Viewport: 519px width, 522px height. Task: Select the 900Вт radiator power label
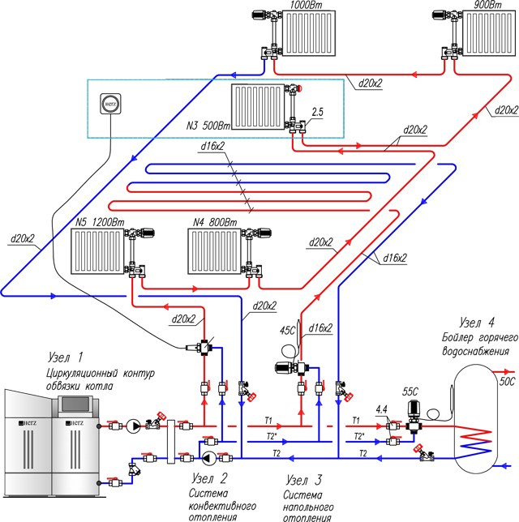click(x=487, y=5)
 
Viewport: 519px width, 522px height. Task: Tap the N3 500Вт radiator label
click(x=208, y=126)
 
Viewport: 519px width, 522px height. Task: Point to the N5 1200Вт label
click(x=100, y=222)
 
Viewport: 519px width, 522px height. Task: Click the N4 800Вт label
click(x=215, y=222)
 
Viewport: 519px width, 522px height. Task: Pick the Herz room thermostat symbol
click(x=110, y=104)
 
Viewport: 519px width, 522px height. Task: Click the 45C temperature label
click(x=287, y=331)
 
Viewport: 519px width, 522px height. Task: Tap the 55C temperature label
click(x=410, y=391)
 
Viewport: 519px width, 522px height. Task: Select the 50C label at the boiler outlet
click(x=508, y=382)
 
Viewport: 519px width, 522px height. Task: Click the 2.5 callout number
click(x=317, y=112)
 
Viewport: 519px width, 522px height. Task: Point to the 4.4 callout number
click(x=381, y=409)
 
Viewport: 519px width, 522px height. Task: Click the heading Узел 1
click(x=66, y=357)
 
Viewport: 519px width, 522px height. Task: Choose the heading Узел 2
click(x=209, y=478)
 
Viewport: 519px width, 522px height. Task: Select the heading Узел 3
click(x=304, y=480)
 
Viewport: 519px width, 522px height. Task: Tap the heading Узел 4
click(x=477, y=323)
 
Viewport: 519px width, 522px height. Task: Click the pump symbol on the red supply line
click(x=133, y=426)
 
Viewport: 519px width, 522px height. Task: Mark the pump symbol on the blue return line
click(x=209, y=459)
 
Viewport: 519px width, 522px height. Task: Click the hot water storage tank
click(x=476, y=418)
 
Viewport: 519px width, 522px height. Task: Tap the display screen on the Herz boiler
click(x=75, y=404)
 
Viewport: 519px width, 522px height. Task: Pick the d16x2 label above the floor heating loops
click(x=212, y=146)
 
